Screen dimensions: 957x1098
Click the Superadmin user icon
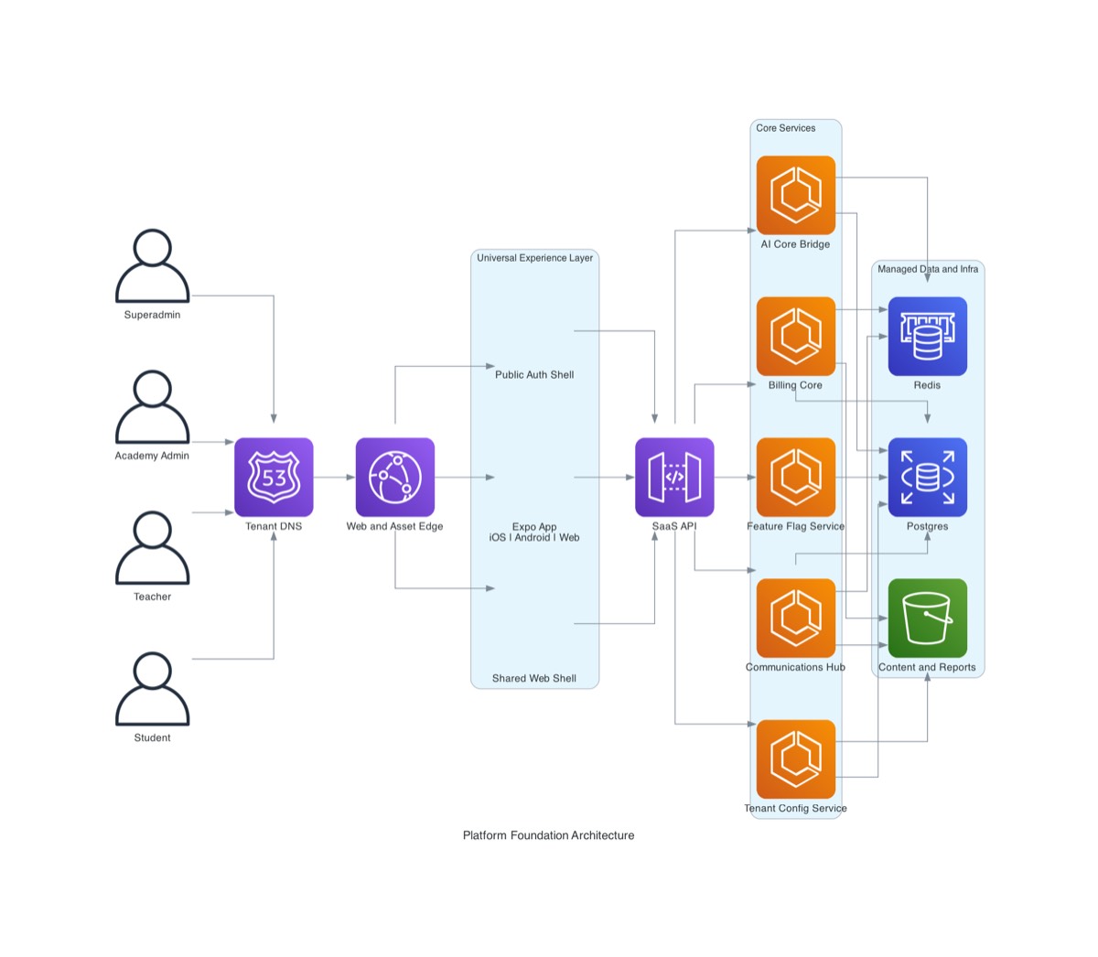click(152, 266)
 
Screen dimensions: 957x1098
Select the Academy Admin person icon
click(152, 407)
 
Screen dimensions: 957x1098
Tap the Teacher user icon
click(152, 548)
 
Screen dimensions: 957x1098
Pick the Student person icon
click(152, 689)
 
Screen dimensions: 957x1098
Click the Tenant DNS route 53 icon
click(274, 477)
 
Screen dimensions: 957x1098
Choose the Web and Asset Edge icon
click(395, 477)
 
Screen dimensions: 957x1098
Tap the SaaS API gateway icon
click(674, 477)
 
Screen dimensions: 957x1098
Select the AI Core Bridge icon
click(796, 195)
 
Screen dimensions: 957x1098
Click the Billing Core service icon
click(796, 336)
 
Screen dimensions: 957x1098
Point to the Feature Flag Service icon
click(796, 477)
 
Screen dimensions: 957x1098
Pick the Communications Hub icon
click(796, 618)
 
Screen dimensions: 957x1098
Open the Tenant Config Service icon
click(796, 758)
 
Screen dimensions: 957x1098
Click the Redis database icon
click(927, 336)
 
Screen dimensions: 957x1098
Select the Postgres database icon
click(927, 477)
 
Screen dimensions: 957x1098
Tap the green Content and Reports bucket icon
click(927, 618)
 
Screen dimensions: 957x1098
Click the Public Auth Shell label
click(534, 374)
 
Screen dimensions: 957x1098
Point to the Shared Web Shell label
click(534, 678)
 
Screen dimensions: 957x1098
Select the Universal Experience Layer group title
click(534, 258)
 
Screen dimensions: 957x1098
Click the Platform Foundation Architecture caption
click(548, 835)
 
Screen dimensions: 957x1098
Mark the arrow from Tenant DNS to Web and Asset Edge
click(334, 477)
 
